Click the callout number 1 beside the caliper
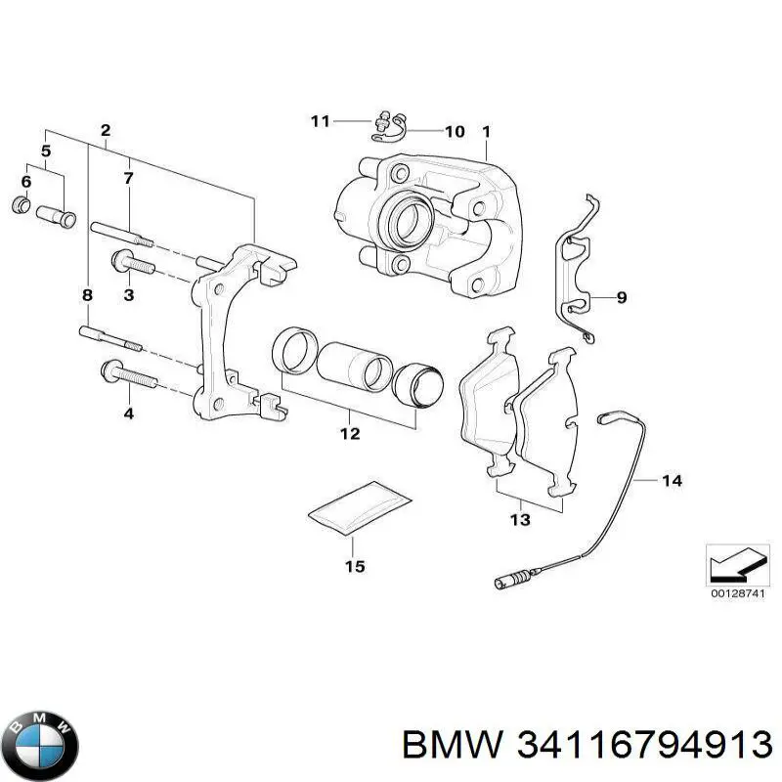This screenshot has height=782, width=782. (486, 131)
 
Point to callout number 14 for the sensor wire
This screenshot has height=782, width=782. (672, 480)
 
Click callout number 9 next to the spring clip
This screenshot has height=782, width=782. (622, 297)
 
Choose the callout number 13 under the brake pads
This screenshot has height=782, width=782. (520, 520)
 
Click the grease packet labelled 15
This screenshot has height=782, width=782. (358, 509)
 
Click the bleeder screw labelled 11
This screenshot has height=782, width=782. (382, 124)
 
